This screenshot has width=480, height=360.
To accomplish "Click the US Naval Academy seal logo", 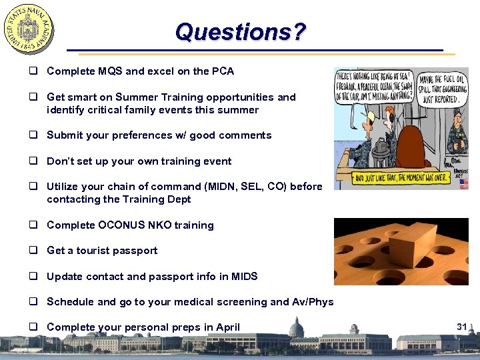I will pyautogui.click(x=29, y=29).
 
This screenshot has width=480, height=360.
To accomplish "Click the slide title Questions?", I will pyautogui.click(x=241, y=31).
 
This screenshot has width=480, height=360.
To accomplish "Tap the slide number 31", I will pyautogui.click(x=461, y=326).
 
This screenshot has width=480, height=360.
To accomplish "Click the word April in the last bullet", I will pyautogui.click(x=225, y=327).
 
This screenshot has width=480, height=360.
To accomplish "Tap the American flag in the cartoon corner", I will pyautogui.click(x=463, y=184).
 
